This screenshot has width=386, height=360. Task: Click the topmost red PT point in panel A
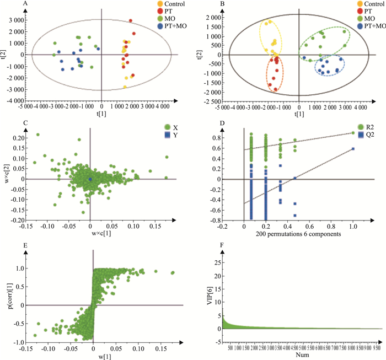pos(131,21)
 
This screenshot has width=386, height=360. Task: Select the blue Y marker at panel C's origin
pos(90,179)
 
